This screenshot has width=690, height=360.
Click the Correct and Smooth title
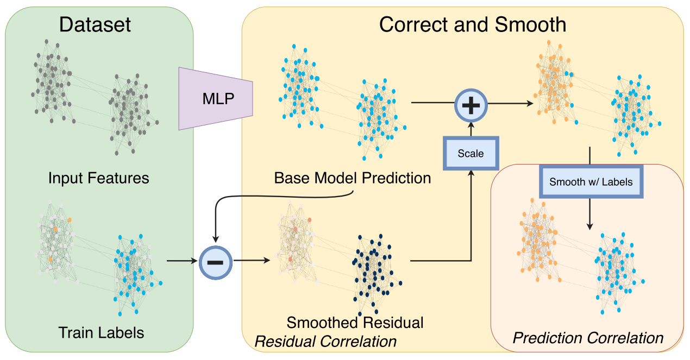pyautogui.click(x=472, y=24)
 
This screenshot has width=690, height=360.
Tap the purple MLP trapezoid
pyautogui.click(x=215, y=98)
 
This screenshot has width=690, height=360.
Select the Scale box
pyautogui.click(x=471, y=154)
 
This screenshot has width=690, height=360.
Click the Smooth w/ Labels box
pyautogui.click(x=591, y=181)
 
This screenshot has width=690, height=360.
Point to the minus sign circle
pyautogui.click(x=215, y=261)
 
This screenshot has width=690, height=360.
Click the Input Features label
pyautogui.click(x=98, y=178)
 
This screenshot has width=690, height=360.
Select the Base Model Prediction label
pyautogui.click(x=352, y=178)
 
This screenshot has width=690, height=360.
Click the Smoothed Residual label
pyautogui.click(x=355, y=323)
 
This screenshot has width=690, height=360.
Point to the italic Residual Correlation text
pyautogui.click(x=325, y=342)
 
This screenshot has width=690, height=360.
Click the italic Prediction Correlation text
pyautogui.click(x=588, y=338)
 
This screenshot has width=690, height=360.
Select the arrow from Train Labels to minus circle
pyautogui.click(x=182, y=261)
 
